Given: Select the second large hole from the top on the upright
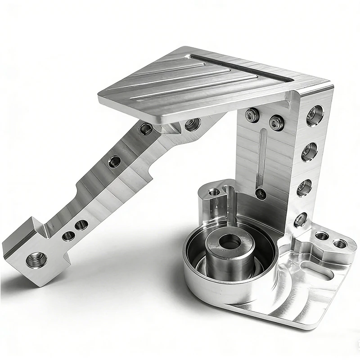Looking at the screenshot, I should tap(310, 152).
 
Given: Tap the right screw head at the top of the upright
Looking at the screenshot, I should tap(275, 122).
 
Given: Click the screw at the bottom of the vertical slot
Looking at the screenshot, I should tap(261, 193).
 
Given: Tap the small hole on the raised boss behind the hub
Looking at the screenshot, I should tap(214, 193).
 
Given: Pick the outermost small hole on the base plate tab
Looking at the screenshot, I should tap(340, 244).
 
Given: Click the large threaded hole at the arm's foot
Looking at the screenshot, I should tap(34, 260).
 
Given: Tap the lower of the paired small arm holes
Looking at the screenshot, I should tap(68, 235).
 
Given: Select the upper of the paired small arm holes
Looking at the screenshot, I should tap(81, 225).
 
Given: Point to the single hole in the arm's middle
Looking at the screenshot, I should tap(114, 161).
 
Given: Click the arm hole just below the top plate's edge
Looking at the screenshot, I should tap(145, 129).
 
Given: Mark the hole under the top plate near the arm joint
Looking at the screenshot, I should tap(192, 124).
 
